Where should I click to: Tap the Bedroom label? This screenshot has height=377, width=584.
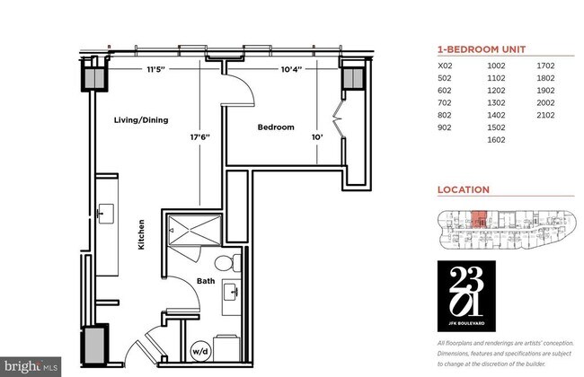(x=276, y=127)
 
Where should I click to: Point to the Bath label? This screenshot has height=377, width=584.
(x=206, y=280)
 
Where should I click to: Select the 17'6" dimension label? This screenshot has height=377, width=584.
(x=200, y=137)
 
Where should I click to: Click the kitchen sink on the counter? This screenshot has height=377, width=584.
(x=107, y=215)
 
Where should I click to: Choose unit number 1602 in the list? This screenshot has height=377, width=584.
(x=497, y=140)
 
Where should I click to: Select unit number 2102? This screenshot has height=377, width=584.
(x=546, y=116)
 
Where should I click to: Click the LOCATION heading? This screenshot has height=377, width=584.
(x=463, y=190)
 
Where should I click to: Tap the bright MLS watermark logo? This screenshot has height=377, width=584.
(x=31, y=366)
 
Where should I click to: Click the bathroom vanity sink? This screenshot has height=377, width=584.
(x=233, y=293)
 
